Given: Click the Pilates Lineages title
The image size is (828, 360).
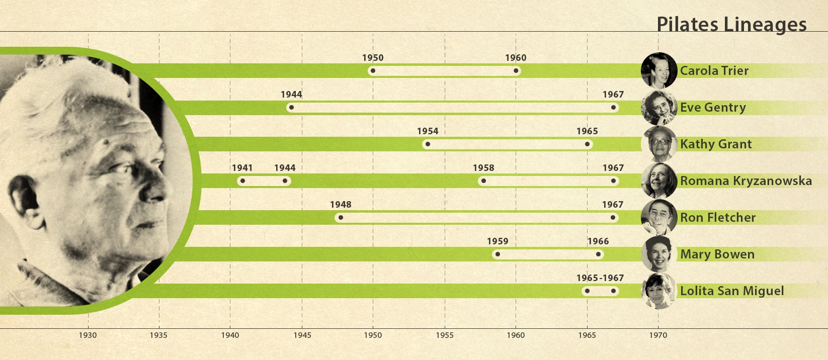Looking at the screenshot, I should pos(731,24).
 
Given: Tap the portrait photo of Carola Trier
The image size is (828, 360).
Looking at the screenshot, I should pos(659,70).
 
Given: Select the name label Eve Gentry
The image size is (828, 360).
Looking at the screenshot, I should pos(713,107).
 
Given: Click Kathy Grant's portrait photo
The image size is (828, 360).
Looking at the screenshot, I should pos(659,144).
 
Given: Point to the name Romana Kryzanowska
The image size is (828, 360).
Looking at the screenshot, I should pos(746,181).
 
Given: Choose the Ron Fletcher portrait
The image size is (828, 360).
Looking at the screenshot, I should pos(659,217).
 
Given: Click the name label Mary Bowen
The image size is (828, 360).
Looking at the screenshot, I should pos(717,254).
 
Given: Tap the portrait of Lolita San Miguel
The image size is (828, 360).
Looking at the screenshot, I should pos(659,291).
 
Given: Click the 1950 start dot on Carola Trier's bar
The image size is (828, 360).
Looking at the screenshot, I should pos(373,71).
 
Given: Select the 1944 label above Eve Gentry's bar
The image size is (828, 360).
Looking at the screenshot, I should pos(291,95).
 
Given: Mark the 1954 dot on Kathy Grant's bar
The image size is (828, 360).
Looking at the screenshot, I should pos(428,144).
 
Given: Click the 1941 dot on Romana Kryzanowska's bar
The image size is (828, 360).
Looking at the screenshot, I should pos(242,181).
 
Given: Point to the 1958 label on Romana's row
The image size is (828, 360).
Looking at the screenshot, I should pos(483,168).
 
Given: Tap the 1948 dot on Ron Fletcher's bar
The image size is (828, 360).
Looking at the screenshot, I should pos(341,218).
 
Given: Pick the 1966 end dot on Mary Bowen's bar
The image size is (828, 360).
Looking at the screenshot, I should pos(598,254).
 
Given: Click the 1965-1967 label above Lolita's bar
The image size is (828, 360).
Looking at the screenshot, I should pos(600,278).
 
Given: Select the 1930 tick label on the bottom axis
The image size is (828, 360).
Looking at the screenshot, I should pos(88,335).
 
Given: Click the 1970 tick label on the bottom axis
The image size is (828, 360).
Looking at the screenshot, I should pos(658,335).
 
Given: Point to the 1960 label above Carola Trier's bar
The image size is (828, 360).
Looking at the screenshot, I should pos(516,58).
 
